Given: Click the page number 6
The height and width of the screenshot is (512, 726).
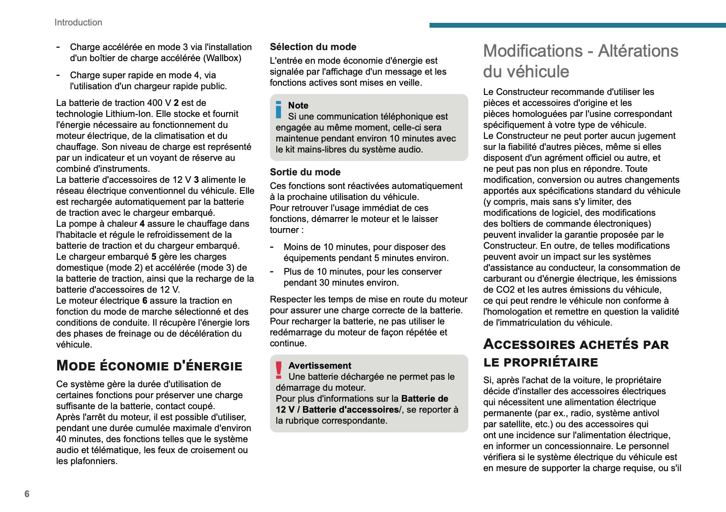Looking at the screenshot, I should click(x=27, y=494).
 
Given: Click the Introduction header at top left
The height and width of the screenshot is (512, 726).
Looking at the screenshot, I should click(x=78, y=22).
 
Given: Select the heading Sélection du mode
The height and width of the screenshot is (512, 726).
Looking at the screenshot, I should click(x=313, y=47).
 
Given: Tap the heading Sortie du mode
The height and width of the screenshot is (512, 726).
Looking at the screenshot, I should click(x=305, y=172).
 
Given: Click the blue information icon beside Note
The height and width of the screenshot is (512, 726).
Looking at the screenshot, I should click(x=278, y=110).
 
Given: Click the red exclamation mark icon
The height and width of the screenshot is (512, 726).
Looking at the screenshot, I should click(x=279, y=370).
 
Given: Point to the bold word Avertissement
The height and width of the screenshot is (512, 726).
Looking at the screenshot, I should click(x=320, y=366).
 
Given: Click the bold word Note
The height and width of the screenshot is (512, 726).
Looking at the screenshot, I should click(x=298, y=105).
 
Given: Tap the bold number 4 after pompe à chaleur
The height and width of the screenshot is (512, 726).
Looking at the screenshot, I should click(x=142, y=224).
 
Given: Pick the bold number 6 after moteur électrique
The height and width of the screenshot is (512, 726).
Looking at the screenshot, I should click(x=144, y=301).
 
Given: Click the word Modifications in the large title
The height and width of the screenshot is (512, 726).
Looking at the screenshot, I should click(x=533, y=51).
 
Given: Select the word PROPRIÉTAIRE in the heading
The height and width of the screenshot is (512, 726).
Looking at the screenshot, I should click(x=551, y=363).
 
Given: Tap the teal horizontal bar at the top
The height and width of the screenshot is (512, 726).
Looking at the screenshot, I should click(x=577, y=25).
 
